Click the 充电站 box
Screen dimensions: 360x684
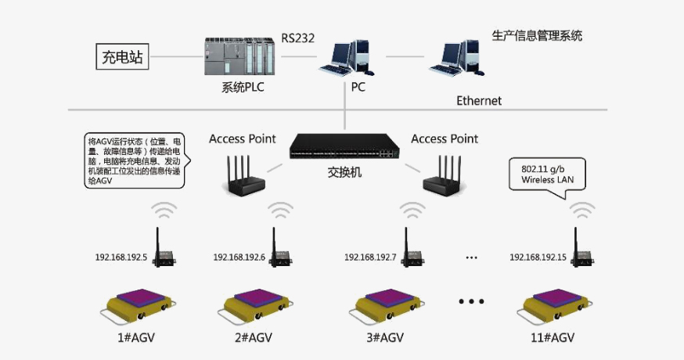pos(124,56)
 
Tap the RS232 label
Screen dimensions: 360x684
pos(298,37)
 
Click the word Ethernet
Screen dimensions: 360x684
pos(479,101)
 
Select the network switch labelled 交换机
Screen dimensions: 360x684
pos(344,147)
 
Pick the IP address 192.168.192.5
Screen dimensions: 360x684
pos(121,257)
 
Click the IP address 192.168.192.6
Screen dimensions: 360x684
pos(239,257)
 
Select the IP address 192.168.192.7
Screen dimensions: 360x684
pos(370,257)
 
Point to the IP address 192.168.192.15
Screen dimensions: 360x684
pos(538,257)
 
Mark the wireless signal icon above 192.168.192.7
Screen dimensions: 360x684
pos(411,211)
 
